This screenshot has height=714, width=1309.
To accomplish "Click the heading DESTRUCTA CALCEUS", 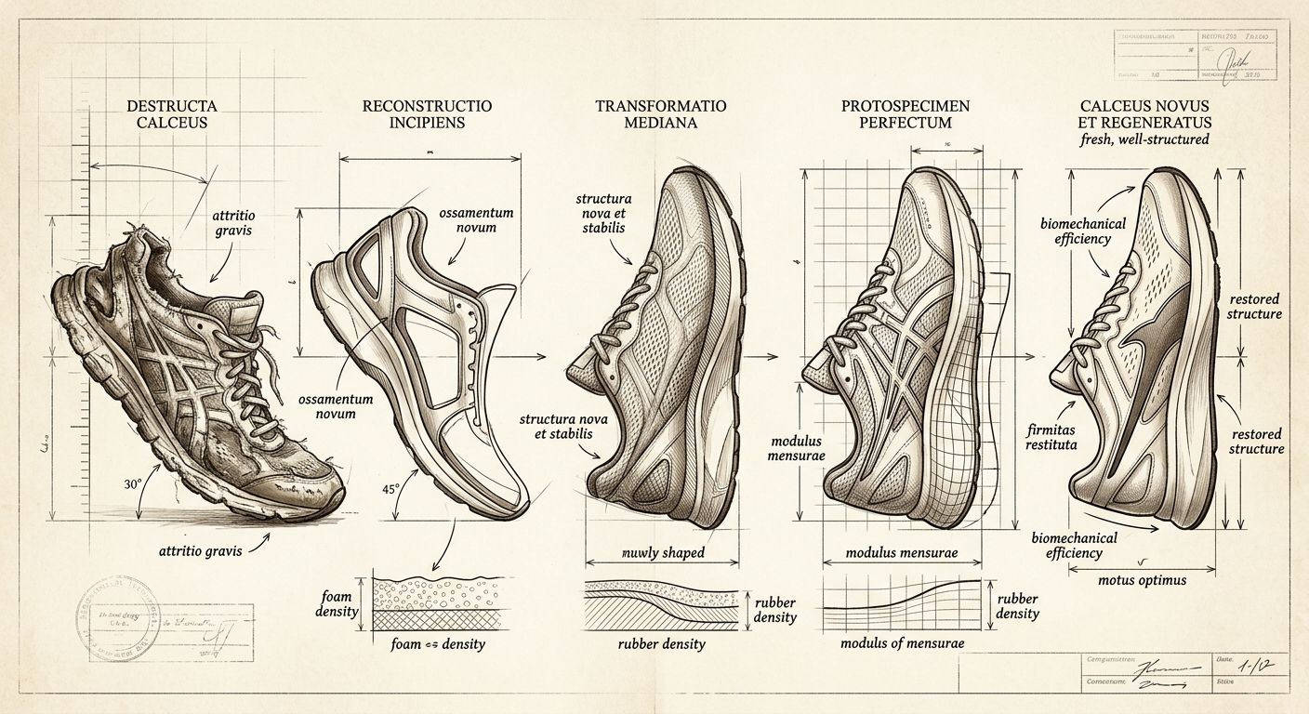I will pos(167,114).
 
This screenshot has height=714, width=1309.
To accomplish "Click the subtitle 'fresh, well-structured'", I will pos(1144,140).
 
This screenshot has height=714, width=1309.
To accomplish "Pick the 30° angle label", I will pos(132,484).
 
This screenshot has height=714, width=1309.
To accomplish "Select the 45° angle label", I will pos(390,488).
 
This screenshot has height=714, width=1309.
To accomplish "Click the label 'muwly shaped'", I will pos(662,553).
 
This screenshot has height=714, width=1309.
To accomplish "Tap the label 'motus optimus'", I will pos(1142,580).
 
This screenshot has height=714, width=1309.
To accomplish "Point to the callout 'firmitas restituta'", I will pos(1051,437).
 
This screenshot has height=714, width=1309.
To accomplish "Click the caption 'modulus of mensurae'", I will pos(902,642).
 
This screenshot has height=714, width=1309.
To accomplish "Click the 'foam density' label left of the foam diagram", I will pos(338,605).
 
